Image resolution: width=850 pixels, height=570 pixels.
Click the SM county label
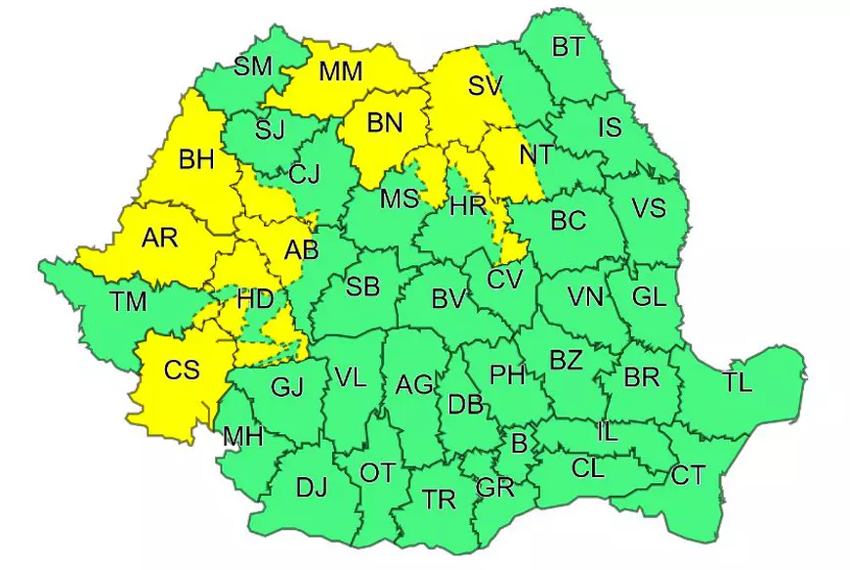pos(253,66)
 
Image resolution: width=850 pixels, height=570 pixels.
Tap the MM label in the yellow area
pos(340,72)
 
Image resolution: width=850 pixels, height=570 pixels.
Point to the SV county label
pos(484,86)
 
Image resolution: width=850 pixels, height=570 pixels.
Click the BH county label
pos(196,159)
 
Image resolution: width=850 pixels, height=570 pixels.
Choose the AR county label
pos(160,239)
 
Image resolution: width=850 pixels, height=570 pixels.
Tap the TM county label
pos(128,302)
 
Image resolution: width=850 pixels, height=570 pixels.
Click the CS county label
pos(182,371)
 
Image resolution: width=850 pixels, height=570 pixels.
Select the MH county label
pos(242,437)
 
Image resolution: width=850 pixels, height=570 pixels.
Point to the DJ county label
pos(311,485)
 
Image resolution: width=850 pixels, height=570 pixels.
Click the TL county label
pos(738,382)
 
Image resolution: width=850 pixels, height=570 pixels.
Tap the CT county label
pos(688,476)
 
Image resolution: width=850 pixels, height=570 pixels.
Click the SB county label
pos(362,286)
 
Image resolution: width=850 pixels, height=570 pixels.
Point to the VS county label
pos(648,209)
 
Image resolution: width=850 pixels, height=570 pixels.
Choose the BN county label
pos(383,124)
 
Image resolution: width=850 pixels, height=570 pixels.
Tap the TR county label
pos(440,501)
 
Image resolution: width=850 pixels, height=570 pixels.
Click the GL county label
pos(648,298)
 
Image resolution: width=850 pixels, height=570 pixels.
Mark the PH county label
pos(507,373)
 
